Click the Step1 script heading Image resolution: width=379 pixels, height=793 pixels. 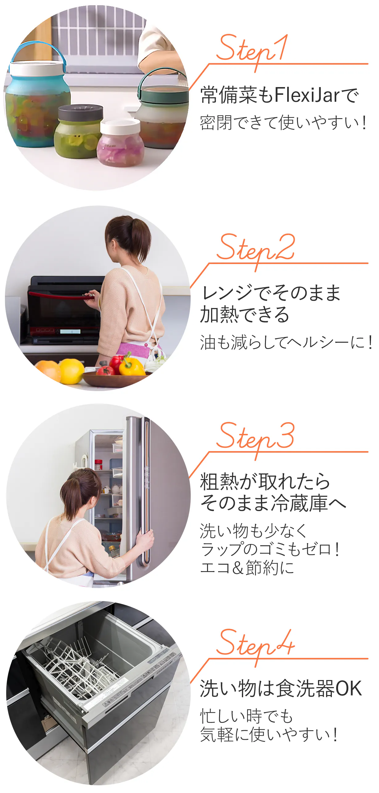point(252,51)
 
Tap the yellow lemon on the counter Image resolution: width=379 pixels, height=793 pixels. point(71,371)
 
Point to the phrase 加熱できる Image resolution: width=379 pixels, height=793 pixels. point(245,314)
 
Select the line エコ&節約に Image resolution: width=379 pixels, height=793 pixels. point(247,567)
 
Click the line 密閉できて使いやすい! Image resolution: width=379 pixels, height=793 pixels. point(283,122)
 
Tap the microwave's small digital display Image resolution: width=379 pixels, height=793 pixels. point(70,331)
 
